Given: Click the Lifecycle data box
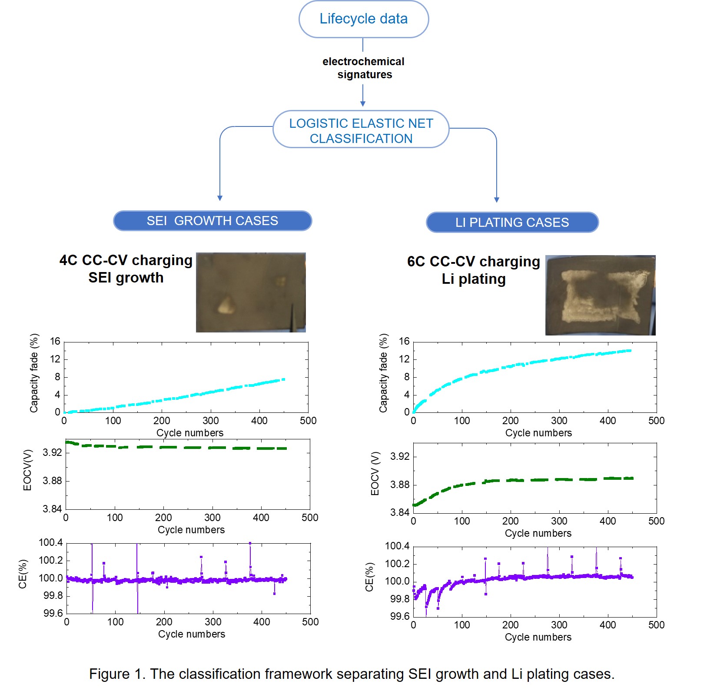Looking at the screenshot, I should [363, 19].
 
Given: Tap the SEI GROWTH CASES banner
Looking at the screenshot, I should [212, 221].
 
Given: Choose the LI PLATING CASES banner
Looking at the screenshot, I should [512, 223].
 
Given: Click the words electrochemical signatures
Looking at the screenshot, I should [364, 68].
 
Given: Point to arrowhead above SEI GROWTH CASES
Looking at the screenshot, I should [220, 198].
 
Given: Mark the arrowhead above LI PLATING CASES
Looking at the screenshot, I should [496, 199].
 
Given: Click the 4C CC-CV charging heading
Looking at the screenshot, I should [126, 260].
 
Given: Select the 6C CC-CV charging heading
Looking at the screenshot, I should [473, 262].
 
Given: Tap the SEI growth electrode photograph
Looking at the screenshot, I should [251, 292].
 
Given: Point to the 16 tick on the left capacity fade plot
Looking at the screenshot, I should [55, 342].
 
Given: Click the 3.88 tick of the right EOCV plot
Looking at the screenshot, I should [400, 485].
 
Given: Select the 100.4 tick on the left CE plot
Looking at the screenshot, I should [51, 542].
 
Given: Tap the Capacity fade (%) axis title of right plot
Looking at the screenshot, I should [383, 373].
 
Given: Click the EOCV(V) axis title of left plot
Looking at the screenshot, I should [27, 470].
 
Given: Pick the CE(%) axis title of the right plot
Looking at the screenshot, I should [369, 577].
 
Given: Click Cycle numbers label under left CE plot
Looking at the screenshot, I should [192, 634].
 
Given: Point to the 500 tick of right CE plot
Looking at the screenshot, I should [656, 625].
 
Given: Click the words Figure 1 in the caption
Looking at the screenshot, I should [117, 674].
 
